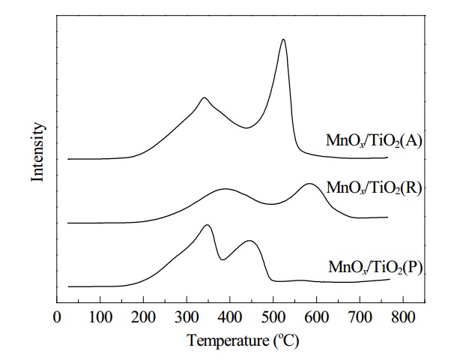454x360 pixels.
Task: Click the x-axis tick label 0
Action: coord(57,317)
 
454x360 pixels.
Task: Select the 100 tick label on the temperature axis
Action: coord(100,317)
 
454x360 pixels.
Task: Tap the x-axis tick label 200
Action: coord(143,317)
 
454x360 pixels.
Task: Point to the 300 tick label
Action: coord(187,317)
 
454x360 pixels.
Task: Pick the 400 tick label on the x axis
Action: coord(230,317)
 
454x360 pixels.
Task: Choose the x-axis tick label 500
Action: coord(273,317)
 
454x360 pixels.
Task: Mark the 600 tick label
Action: coord(316,317)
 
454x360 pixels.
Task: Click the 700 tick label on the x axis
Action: coord(360,317)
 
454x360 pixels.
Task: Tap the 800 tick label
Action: coord(403,317)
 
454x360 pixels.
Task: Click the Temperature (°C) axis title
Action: coord(243,340)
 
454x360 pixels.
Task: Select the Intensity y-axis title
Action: coord(37,152)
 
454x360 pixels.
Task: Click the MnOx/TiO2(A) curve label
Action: coord(374,141)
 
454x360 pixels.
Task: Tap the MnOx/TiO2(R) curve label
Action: coord(374,187)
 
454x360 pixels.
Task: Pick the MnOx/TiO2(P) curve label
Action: coord(375,267)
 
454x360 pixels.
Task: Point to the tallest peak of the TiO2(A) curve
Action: coord(283,40)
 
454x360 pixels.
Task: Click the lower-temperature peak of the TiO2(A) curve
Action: coord(204,98)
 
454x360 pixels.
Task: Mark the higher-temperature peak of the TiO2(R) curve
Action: coord(309,184)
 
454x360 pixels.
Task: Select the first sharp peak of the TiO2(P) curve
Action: coord(207,225)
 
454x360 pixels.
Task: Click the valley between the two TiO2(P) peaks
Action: coord(223,259)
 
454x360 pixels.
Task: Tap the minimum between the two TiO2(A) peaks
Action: coord(246,127)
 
